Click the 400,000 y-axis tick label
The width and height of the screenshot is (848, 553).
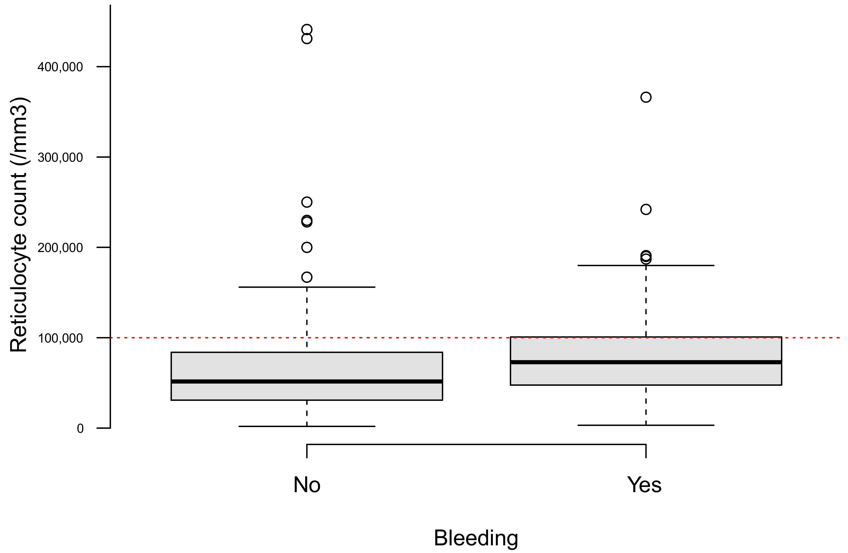(x=60, y=67)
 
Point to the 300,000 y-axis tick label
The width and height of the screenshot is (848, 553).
(x=60, y=157)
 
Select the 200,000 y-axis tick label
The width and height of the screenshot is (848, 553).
(x=60, y=248)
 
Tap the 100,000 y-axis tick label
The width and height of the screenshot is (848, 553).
(x=60, y=338)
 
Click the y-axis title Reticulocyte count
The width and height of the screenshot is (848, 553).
(x=19, y=225)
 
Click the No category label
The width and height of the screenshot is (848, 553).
(x=307, y=485)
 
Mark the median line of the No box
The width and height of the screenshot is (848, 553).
(x=307, y=382)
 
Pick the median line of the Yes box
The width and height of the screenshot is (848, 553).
(x=646, y=362)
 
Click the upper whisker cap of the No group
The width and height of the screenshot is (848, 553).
(x=307, y=287)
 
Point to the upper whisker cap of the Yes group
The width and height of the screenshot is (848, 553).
(x=646, y=266)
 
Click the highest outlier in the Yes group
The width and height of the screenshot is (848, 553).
(x=646, y=97)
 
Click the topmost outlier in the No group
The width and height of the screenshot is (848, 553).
(x=307, y=30)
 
